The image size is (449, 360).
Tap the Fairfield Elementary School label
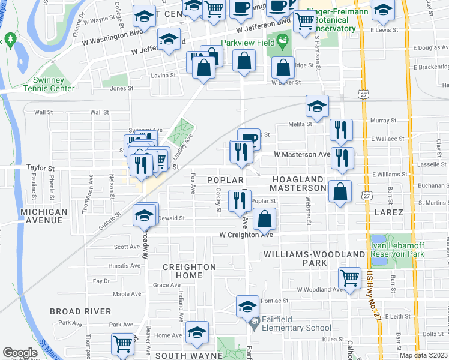coord(297,328)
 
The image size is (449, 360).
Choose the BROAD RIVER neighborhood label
coord(80,311)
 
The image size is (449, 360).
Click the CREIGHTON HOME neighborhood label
coord(189,271)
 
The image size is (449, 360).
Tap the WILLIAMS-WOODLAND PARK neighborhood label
coord(313,259)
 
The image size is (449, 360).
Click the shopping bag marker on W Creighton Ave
coord(264,220)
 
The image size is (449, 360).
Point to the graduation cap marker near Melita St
coord(317,107)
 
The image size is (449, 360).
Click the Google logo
coord(20,353)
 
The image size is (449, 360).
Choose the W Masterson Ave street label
coord(302,154)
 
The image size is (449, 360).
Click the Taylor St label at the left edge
coord(40,169)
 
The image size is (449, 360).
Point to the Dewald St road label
coord(171,218)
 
